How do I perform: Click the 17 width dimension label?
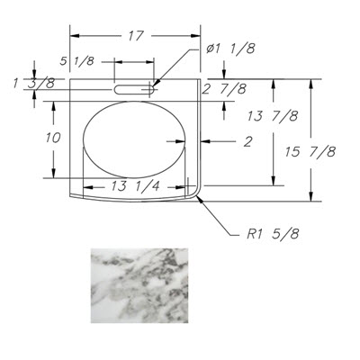[x=136, y=36]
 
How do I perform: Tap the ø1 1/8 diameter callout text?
[x=230, y=49]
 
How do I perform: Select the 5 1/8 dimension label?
[x=77, y=61]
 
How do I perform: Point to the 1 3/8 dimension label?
[x=34, y=84]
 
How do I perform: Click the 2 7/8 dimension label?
[x=224, y=89]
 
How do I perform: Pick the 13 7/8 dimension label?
[x=273, y=116]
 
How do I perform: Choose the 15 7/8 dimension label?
[x=310, y=152]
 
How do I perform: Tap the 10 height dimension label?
[x=53, y=138]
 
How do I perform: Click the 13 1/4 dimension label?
[x=135, y=186]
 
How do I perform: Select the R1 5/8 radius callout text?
[x=273, y=234]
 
